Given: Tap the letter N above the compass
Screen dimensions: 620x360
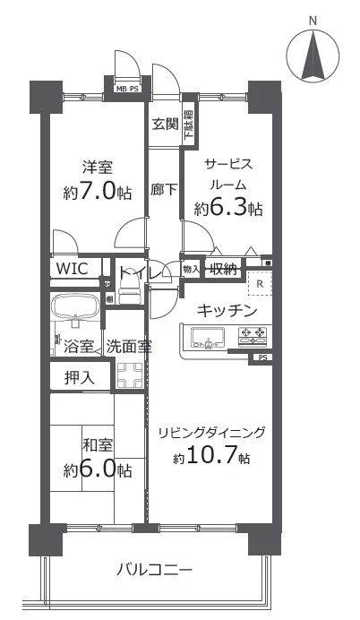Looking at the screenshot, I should click(x=313, y=20).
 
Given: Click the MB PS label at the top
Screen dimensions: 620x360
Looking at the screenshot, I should click(x=127, y=89).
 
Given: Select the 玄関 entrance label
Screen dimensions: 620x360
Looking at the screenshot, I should click(x=164, y=123).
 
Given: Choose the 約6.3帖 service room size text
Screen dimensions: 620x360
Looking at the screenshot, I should click(x=229, y=209).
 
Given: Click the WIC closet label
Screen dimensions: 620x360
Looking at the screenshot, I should click(x=71, y=268).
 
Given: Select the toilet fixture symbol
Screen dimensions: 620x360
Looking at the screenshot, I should click(x=131, y=288).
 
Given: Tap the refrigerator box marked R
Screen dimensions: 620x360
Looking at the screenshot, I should click(x=260, y=285).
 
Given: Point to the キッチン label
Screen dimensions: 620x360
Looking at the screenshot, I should click(x=227, y=311).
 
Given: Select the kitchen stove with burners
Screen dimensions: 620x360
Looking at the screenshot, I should click(x=252, y=337).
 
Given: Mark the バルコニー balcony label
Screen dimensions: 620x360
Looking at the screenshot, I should click(x=154, y=569).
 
